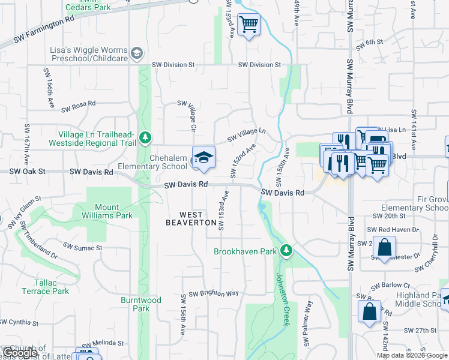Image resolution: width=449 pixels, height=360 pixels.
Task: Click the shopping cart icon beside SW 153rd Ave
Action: [x=249, y=25]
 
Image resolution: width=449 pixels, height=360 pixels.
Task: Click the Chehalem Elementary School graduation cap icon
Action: [x=203, y=158]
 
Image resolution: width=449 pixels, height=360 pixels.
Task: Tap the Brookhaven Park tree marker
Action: [x=287, y=251]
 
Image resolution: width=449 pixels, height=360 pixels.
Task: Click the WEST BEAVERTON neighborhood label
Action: [x=191, y=218]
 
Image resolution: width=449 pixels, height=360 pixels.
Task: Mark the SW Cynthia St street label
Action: [x=20, y=322]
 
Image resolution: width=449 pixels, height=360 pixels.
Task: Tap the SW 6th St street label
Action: [x=369, y=42]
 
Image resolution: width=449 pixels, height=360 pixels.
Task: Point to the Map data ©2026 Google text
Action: [x=412, y=355]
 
